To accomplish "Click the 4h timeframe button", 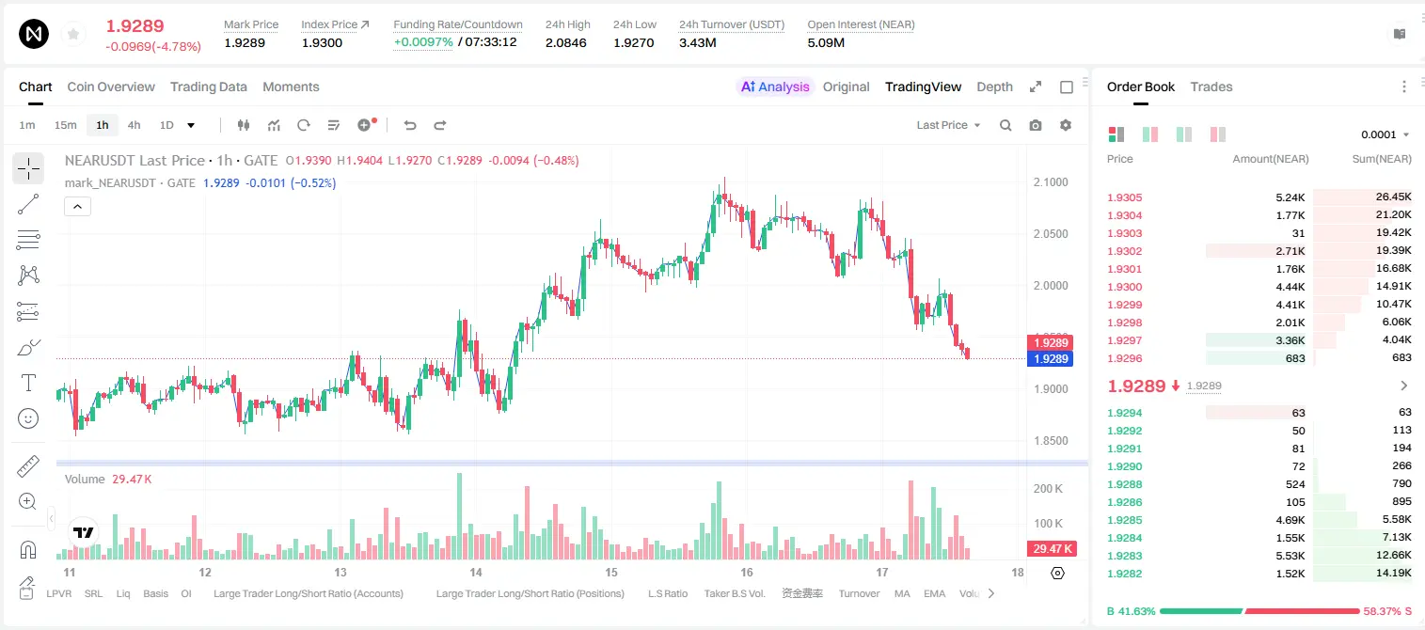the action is pos(134,125).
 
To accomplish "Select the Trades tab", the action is pos(1211,87).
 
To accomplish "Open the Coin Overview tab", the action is pos(111,87).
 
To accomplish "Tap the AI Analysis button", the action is pos(775,87).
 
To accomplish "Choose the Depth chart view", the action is pos(994,87).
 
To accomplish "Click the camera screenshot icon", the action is pos(1036,125).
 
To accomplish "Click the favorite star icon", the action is pos(73,34).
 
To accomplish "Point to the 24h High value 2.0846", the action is pos(565,42).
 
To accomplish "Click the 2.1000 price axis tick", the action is pos(1051,181).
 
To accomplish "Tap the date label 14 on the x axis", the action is pos(476,572).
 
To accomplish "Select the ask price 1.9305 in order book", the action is pos(1124,197).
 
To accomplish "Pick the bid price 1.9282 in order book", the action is pos(1124,574).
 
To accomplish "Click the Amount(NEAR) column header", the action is pos(1271,159).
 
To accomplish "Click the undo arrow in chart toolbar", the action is pos(410,125).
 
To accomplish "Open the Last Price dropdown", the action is pos(948,125).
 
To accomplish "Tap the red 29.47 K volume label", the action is pos(1052,548).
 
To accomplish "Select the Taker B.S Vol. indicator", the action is pos(734,593).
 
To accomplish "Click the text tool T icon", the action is pos(28,383).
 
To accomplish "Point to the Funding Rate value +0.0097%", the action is pos(423,42).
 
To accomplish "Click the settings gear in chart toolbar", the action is pos(1066,125).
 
